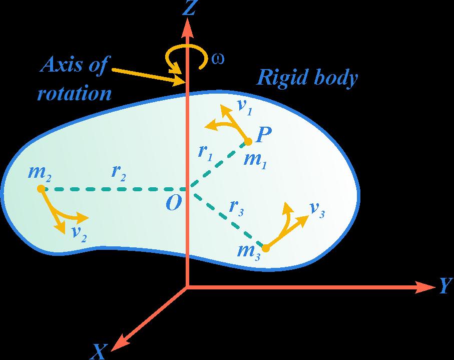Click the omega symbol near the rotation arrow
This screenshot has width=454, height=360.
218,58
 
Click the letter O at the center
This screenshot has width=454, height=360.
173,203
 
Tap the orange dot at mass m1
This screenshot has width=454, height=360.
248,142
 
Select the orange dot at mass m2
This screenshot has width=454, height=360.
41,189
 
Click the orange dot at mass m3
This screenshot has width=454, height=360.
266,248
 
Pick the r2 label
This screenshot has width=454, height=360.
119,173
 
